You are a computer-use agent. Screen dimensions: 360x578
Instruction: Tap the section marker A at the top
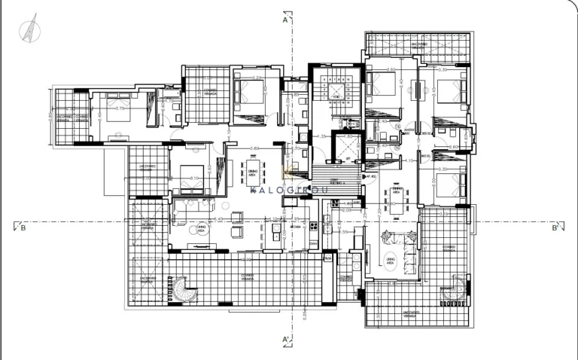[286, 20]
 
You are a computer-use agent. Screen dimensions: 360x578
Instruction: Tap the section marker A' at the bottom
[286, 340]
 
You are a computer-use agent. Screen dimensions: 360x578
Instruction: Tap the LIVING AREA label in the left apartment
[201, 227]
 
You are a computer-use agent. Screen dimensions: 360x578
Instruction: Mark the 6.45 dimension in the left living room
[218, 219]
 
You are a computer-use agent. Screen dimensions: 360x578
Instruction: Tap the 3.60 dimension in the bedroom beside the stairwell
[391, 70]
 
